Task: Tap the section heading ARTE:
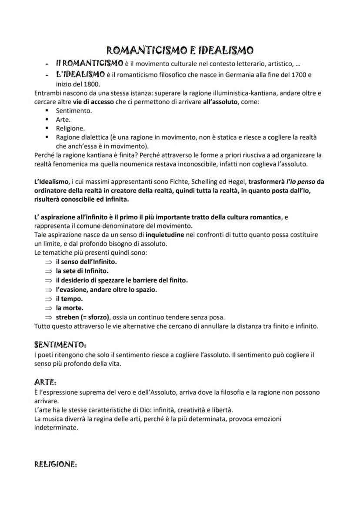tap(45, 382)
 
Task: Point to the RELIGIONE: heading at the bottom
tap(55, 465)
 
